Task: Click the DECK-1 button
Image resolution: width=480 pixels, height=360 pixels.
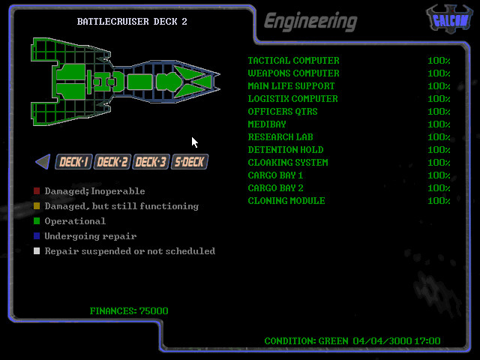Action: (x=74, y=161)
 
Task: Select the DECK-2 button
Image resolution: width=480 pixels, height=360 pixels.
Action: (x=112, y=161)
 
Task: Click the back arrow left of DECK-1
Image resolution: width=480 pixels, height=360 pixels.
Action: (x=43, y=161)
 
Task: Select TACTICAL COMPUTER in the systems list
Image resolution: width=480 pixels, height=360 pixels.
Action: (x=293, y=61)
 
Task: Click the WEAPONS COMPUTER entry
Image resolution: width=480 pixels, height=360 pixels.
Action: (x=293, y=73)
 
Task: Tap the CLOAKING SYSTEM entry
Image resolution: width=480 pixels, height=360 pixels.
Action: (x=288, y=163)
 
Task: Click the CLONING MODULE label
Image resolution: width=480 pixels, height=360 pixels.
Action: (x=286, y=201)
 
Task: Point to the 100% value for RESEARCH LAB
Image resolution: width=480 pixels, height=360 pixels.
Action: (x=439, y=137)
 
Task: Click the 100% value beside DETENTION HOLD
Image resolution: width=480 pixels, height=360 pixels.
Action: (x=439, y=150)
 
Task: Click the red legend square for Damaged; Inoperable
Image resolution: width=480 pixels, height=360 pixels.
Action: (x=37, y=191)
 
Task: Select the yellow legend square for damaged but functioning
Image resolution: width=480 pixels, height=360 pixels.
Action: (x=37, y=206)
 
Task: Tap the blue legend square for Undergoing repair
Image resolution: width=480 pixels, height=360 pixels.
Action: (x=37, y=236)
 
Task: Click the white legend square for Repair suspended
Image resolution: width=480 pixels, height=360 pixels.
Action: (x=37, y=251)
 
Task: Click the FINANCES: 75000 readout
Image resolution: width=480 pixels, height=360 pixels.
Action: (x=129, y=311)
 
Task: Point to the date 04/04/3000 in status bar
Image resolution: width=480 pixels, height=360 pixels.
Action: (x=381, y=341)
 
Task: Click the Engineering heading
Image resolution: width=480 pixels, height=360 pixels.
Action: (x=310, y=22)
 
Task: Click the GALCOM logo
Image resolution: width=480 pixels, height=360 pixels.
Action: (x=448, y=19)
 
